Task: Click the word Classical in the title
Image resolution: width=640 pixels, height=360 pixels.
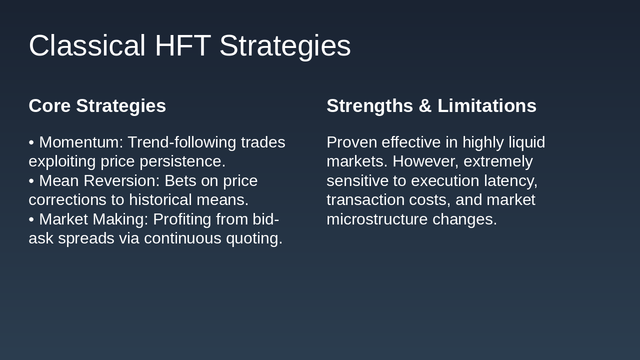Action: coord(87,45)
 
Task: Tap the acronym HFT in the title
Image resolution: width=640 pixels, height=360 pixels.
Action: coord(183,45)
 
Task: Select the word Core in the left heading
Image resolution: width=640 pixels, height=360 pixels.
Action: coord(49,105)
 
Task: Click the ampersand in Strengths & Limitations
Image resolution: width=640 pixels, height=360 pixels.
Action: coord(425,105)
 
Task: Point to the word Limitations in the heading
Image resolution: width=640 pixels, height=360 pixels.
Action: coord(487,105)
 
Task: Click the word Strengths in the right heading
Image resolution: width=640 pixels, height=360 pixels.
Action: coord(369,106)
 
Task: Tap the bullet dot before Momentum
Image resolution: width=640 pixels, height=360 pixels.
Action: coord(31,142)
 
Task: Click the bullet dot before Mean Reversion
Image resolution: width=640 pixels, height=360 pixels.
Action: coord(31,181)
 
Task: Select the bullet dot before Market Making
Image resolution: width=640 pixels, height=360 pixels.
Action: coord(31,219)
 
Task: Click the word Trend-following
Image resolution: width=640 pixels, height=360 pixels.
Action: coord(181,143)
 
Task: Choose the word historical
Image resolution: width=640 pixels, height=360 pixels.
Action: coord(160,199)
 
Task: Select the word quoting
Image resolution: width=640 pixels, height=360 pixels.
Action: coord(254,239)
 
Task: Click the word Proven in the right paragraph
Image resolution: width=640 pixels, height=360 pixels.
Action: coord(351,142)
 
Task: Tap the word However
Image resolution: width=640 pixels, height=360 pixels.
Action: coord(425,161)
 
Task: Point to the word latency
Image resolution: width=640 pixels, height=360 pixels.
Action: coord(511,181)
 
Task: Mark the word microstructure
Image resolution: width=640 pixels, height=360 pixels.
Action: coord(377,219)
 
